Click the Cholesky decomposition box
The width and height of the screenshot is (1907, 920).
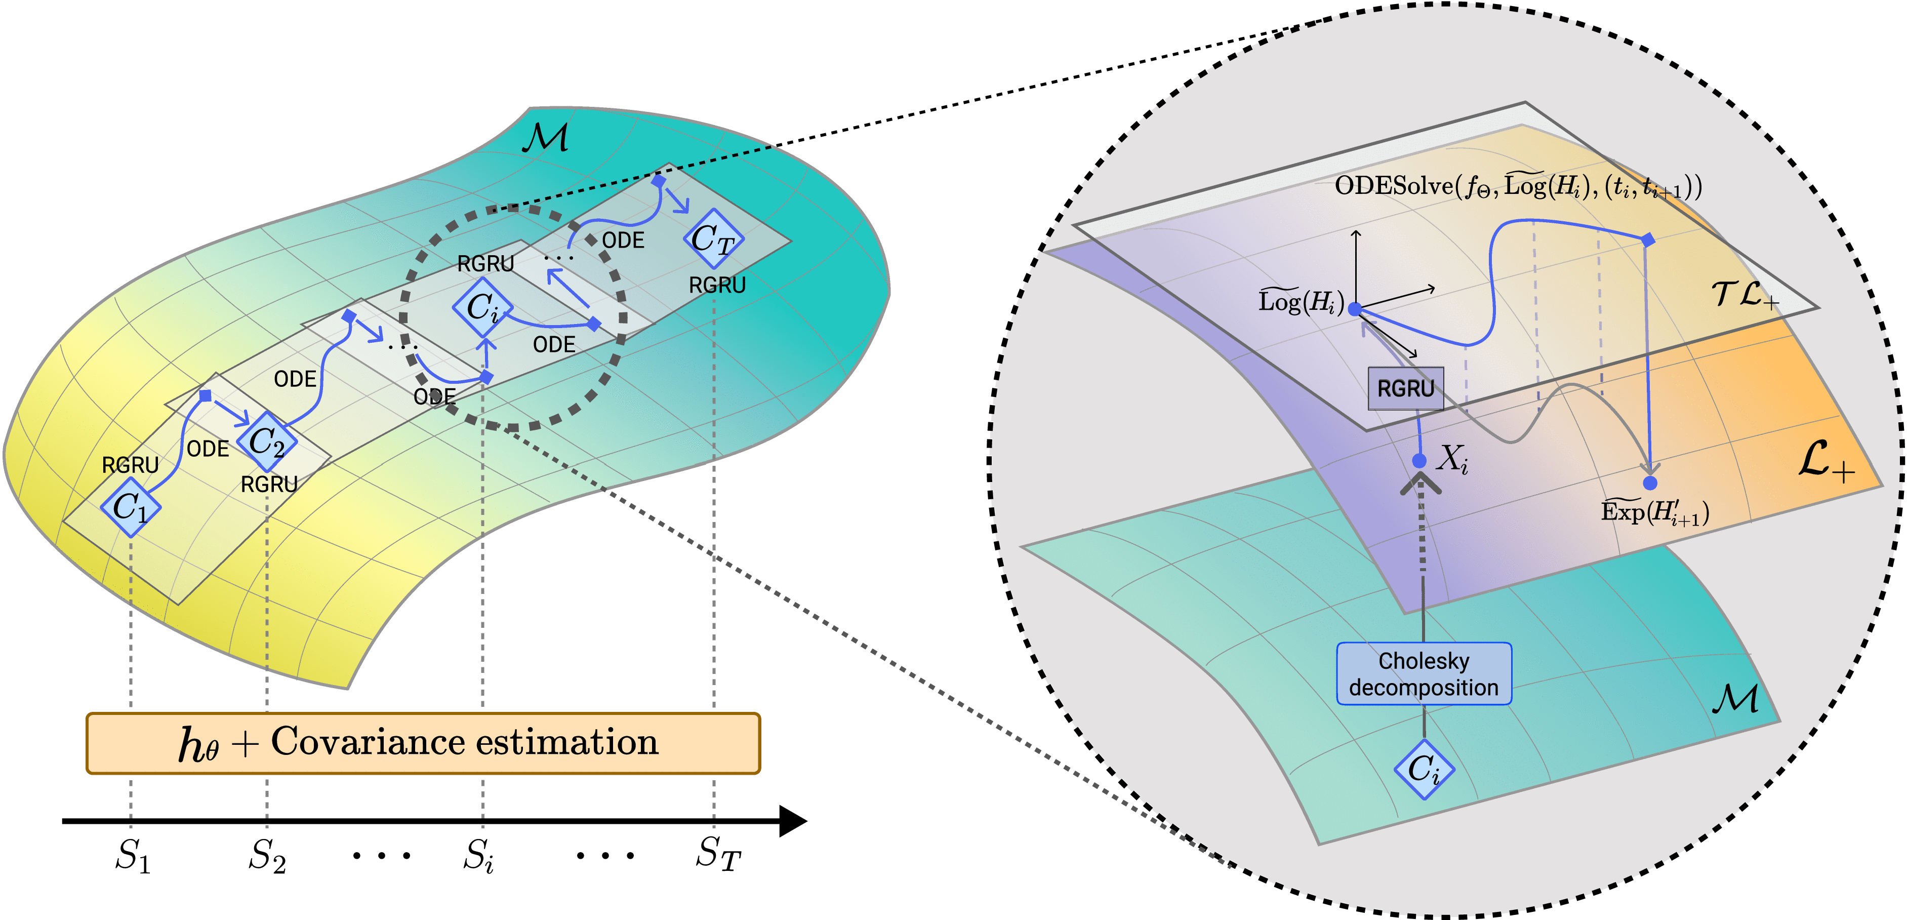coord(1423,673)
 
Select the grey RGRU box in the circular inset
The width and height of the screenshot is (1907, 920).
coord(1405,388)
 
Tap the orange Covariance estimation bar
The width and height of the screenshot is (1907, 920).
coord(423,743)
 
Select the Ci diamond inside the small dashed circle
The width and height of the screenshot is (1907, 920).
coord(482,306)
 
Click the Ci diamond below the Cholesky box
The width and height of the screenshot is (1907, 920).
coord(1424,769)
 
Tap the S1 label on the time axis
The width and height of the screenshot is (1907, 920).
coord(133,856)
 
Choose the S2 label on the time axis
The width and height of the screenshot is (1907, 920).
coord(266,856)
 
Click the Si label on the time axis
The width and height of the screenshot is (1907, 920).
coord(478,856)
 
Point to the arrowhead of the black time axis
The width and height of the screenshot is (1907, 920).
coord(794,821)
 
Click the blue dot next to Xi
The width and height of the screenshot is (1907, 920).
coord(1419,460)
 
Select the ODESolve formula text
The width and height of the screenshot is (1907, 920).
coord(1518,186)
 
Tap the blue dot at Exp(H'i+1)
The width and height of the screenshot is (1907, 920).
coord(1650,483)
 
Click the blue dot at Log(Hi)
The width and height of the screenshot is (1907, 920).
coord(1354,309)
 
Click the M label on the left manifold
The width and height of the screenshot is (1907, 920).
coord(546,138)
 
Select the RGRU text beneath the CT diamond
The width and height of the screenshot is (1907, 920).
coord(717,285)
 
